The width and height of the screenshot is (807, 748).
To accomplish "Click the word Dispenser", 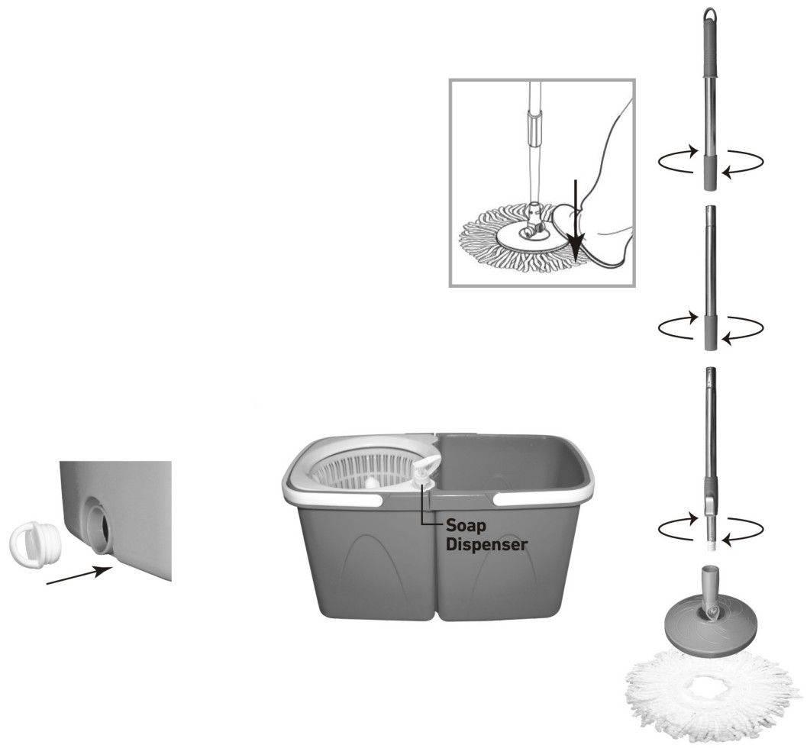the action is [x=487, y=545].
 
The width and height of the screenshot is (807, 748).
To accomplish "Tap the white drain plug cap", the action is [x=35, y=541].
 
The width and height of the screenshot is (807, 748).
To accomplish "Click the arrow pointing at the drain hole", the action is [x=79, y=576].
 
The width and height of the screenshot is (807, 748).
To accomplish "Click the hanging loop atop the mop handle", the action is [x=710, y=15].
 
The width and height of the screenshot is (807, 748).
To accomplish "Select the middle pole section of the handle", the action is [x=710, y=278].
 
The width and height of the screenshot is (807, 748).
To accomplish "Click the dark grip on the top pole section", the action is [x=710, y=52].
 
